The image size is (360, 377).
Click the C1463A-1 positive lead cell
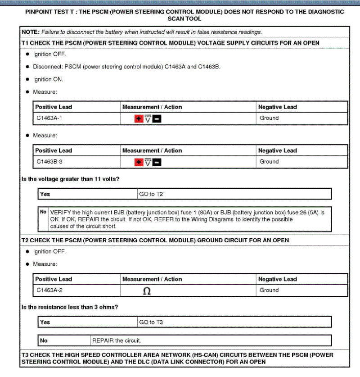(49, 118)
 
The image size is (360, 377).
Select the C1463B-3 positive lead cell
(49, 161)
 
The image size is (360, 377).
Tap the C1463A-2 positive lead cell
(49, 290)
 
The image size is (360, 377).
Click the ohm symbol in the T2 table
(146, 291)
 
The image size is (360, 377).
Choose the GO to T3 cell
(151, 322)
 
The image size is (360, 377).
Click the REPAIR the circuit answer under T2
(117, 340)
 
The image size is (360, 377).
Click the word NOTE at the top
(31, 32)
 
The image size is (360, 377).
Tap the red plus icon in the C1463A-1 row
(139, 118)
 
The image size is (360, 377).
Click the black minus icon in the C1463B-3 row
(157, 162)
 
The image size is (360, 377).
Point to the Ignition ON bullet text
(48, 79)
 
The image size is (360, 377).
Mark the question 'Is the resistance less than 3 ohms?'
(70, 307)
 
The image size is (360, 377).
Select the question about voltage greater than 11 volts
(70, 179)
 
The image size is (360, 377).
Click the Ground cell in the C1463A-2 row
(269, 290)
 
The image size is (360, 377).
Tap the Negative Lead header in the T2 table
(277, 279)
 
